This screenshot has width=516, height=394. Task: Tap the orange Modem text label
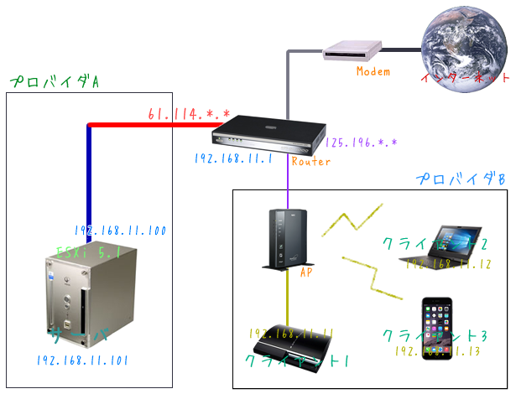(x=373, y=71)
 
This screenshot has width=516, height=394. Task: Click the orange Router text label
(x=305, y=161)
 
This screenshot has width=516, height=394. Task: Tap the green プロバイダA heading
(x=55, y=82)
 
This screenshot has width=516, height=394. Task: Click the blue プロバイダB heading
(x=461, y=179)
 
